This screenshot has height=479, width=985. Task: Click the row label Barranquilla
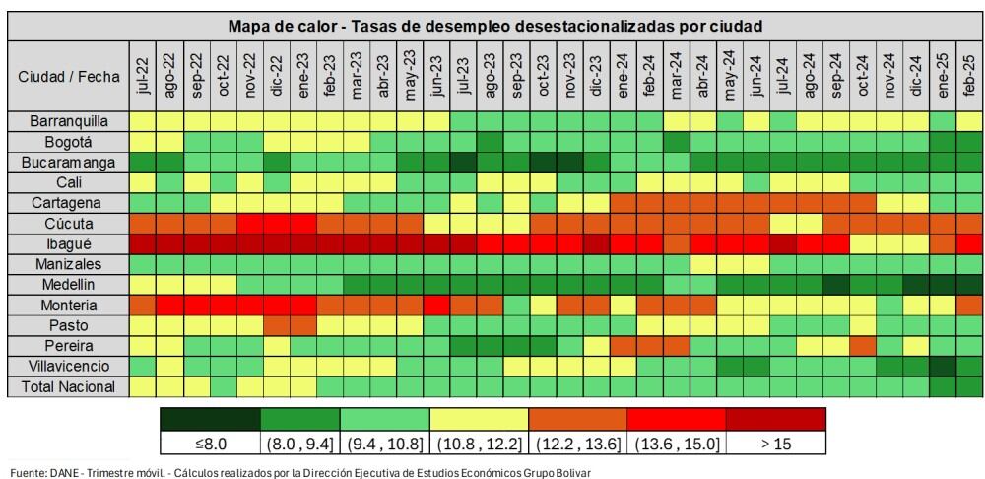[68, 120]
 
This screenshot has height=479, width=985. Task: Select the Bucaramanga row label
[68, 162]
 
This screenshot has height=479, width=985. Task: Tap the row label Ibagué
[68, 243]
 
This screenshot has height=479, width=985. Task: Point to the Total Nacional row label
[68, 386]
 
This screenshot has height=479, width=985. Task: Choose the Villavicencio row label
[68, 366]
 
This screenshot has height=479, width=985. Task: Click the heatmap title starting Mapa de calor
[495, 26]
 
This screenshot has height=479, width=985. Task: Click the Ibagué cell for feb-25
[969, 243]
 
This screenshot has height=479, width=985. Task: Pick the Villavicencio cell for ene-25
[943, 366]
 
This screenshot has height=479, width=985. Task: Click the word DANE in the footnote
[65, 472]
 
